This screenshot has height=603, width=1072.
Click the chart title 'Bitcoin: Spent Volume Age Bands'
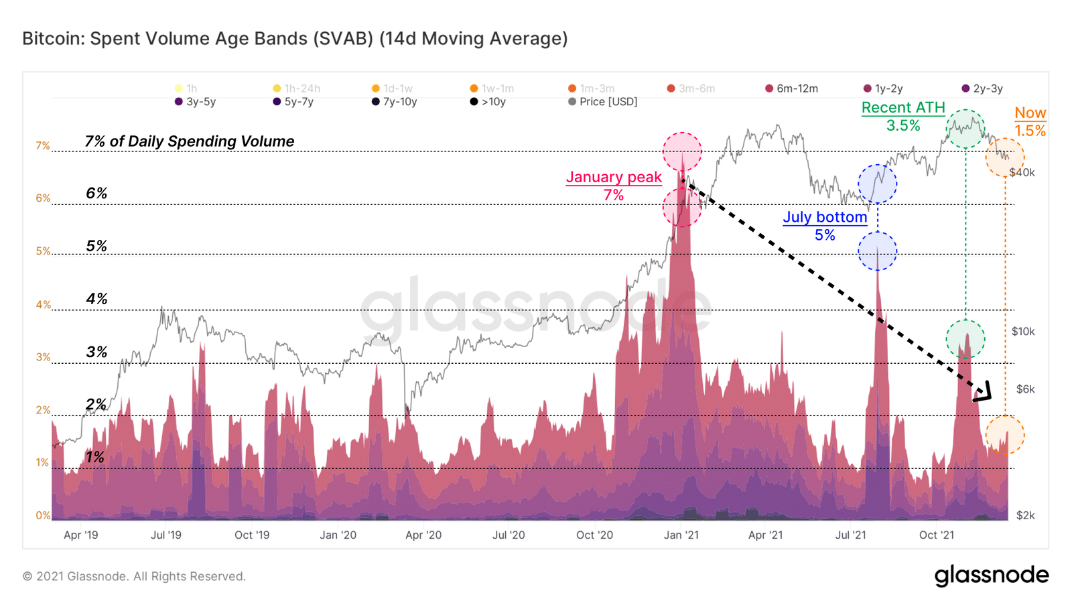[x=295, y=39]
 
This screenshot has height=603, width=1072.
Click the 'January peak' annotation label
[x=614, y=178]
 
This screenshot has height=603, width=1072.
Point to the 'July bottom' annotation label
[x=825, y=217]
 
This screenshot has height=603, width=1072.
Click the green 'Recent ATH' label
[x=903, y=108]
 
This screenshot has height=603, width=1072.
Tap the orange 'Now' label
[x=1030, y=113]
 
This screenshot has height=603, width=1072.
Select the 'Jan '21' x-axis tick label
[x=681, y=535]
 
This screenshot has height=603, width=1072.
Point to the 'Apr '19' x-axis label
[x=81, y=535]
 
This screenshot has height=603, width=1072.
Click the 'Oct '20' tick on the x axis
[x=594, y=535]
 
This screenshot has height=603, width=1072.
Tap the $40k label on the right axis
[x=1022, y=173]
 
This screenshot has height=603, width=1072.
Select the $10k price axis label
[x=1023, y=332]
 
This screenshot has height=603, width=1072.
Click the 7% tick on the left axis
[x=43, y=146]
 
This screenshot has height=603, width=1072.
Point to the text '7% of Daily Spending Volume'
[x=190, y=141]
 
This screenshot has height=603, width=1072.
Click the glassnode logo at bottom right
[x=992, y=576]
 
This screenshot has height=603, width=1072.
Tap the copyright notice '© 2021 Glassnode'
[x=134, y=576]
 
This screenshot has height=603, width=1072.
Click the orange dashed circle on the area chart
[x=1004, y=435]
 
